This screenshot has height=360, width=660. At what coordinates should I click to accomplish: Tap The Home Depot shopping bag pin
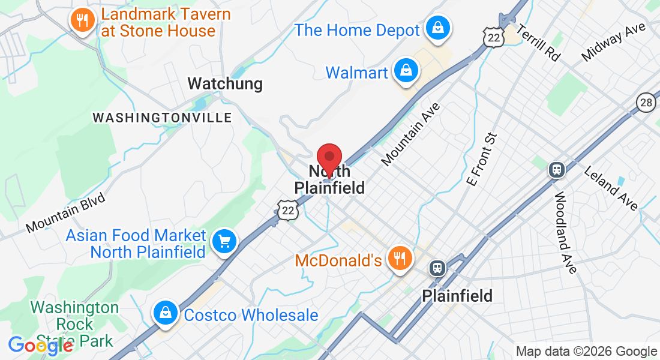439,28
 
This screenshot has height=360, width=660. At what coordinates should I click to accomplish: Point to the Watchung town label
225,83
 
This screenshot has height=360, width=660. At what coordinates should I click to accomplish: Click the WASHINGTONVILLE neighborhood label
162,117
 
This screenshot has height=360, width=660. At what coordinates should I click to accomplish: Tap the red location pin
329,159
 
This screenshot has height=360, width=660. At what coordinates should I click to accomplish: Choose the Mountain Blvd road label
65,213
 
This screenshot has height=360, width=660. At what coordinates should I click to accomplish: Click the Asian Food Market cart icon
225,242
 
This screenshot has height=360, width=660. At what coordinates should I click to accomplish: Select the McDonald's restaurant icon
398,259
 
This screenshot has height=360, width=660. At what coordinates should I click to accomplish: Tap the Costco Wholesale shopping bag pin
164,313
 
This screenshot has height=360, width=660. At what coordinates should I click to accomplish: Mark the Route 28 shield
646,102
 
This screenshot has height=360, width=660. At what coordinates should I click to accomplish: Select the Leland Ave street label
611,188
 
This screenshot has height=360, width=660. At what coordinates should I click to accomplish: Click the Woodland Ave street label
565,232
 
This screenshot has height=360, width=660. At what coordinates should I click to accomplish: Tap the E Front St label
482,158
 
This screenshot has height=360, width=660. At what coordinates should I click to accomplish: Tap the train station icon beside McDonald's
437,268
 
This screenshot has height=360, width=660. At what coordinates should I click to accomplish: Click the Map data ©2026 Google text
587,352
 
